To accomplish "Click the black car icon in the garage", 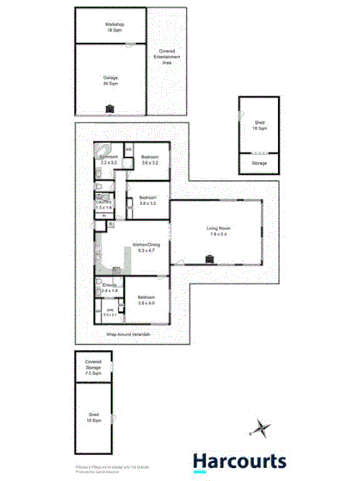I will point(110,108).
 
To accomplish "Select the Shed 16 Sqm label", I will point(258,126).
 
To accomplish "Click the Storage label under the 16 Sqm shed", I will point(258,162).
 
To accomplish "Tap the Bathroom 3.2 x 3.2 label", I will point(109,159).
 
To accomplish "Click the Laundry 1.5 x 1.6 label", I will point(103,204).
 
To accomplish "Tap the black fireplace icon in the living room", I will point(209,256).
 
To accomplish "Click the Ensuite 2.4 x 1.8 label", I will point(109,289).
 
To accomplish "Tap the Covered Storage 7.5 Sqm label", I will point(93,368).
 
